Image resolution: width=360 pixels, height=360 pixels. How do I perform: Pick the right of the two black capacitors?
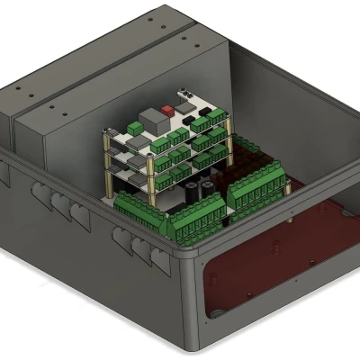(x=209, y=185)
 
